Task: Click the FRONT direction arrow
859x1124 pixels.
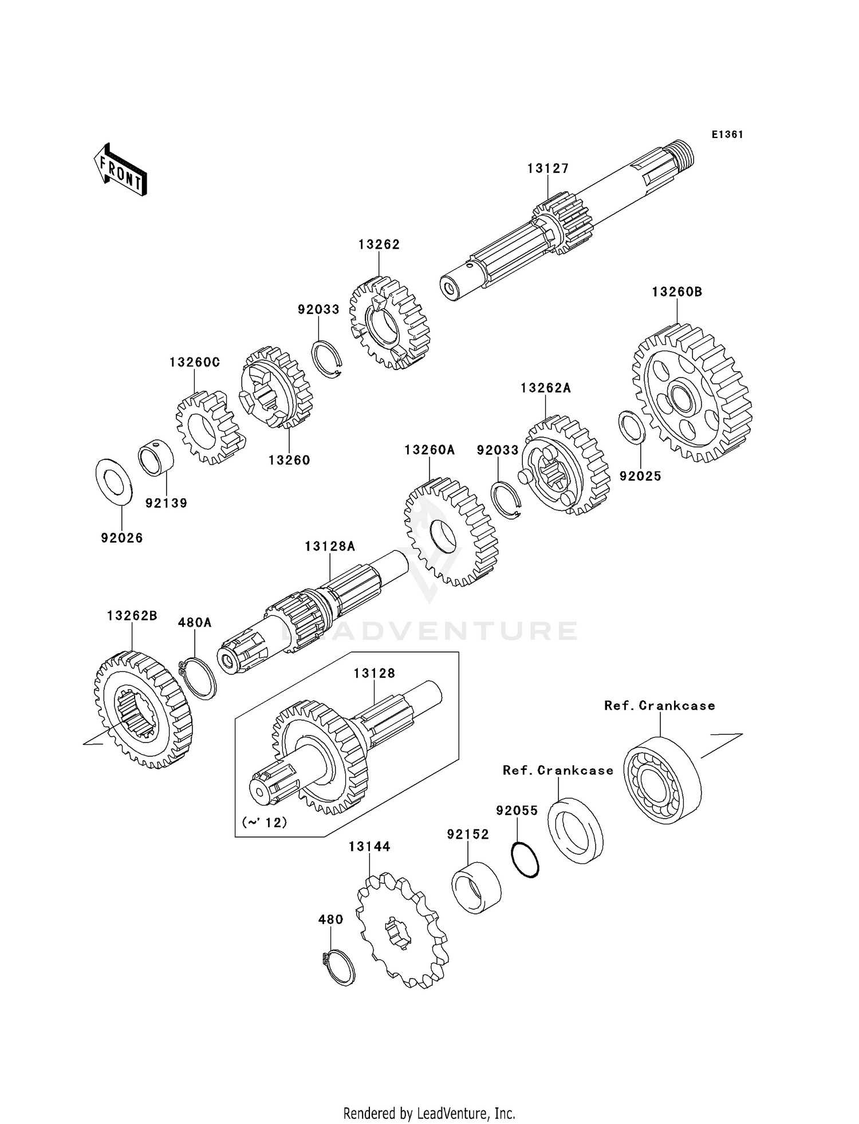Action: pyautogui.click(x=120, y=169)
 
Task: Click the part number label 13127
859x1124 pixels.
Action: pyautogui.click(x=548, y=168)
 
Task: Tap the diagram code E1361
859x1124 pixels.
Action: pyautogui.click(x=727, y=135)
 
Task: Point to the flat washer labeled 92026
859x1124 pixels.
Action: pyautogui.click(x=114, y=482)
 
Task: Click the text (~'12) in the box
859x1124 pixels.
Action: pyautogui.click(x=264, y=822)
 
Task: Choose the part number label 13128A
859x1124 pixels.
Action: pyautogui.click(x=330, y=547)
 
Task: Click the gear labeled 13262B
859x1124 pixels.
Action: pyautogui.click(x=143, y=710)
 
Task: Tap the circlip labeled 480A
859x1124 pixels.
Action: pyautogui.click(x=198, y=679)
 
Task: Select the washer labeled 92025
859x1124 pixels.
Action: pyautogui.click(x=632, y=427)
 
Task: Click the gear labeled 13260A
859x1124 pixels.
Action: pyautogui.click(x=451, y=532)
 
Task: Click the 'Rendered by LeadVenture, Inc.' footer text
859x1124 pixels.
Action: pyautogui.click(x=429, y=1113)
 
